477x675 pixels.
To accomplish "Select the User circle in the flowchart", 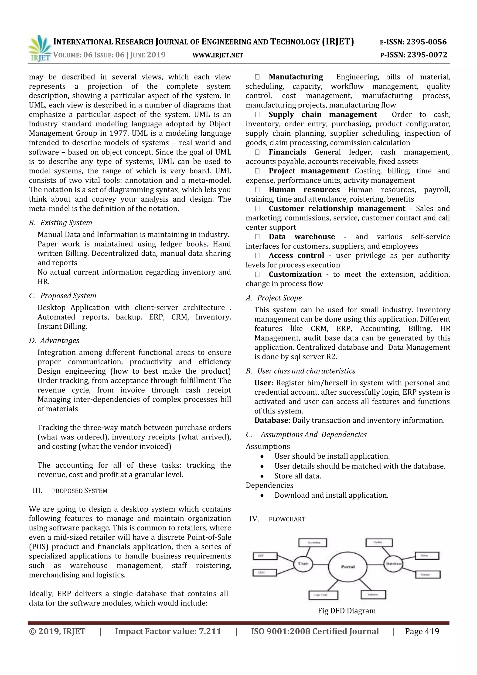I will (x=303, y=564).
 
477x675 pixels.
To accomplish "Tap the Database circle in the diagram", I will (x=393, y=564).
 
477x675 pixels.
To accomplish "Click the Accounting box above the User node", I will (x=313, y=542).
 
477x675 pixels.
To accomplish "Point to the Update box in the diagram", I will (x=379, y=542).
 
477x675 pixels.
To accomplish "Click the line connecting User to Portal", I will (x=320, y=565).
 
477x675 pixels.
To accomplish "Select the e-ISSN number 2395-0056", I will (x=426, y=42).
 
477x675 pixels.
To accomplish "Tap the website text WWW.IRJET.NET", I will (x=218, y=55).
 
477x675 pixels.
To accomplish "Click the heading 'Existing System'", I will (x=66, y=223).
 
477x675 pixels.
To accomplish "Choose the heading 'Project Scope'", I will (x=279, y=298).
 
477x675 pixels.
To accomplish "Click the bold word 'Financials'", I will (x=287, y=152).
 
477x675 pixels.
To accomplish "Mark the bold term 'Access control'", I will (x=296, y=255).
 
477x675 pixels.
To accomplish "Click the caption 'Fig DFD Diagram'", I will (x=347, y=611).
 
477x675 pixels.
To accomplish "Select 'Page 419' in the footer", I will (x=422, y=631).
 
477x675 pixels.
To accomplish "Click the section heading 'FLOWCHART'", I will (x=287, y=519).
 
